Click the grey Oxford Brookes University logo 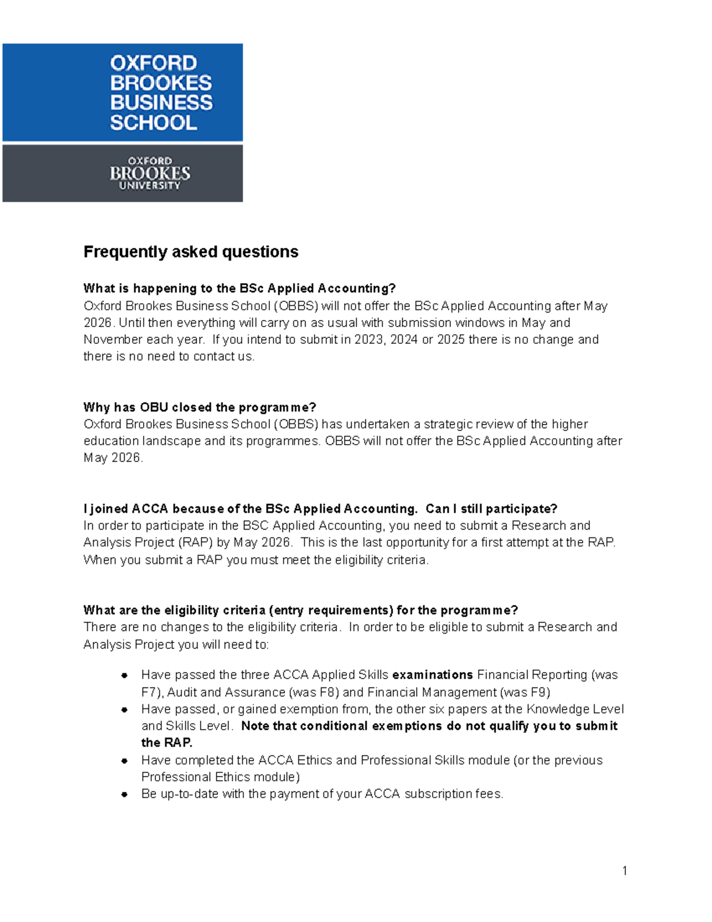pyautogui.click(x=123, y=173)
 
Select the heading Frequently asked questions pyautogui.click(x=190, y=252)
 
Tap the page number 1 pyautogui.click(x=625, y=871)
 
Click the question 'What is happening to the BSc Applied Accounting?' pyautogui.click(x=239, y=289)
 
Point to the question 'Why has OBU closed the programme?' pyautogui.click(x=199, y=407)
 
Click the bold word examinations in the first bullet pyautogui.click(x=433, y=675)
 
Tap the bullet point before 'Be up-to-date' pyautogui.click(x=125, y=794)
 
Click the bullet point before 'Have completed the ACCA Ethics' pyautogui.click(x=125, y=761)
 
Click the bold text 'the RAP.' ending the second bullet pyautogui.click(x=167, y=743)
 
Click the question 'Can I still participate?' pyautogui.click(x=491, y=509)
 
